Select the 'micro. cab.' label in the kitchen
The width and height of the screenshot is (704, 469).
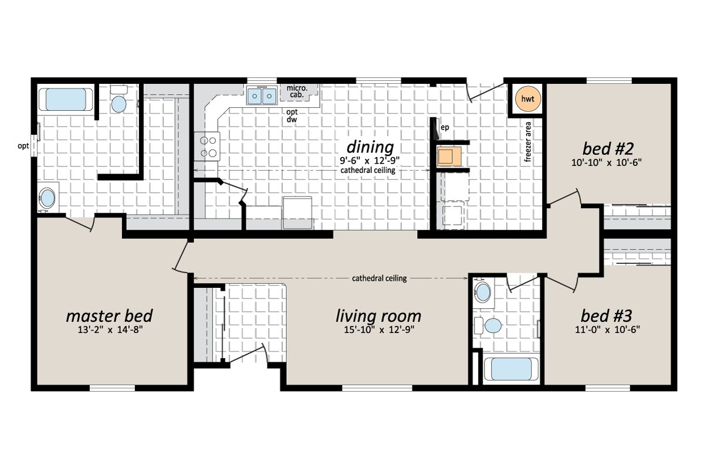pyautogui.click(x=295, y=92)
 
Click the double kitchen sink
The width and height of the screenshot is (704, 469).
pyautogui.click(x=262, y=96)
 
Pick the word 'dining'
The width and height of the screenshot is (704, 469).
pyautogui.click(x=370, y=146)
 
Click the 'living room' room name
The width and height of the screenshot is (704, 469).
pyautogui.click(x=378, y=316)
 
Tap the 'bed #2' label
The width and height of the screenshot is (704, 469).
pyautogui.click(x=605, y=146)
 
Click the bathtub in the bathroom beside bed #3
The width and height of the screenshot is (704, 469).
pyautogui.click(x=510, y=369)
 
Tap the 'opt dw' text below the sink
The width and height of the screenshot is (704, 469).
pyautogui.click(x=292, y=115)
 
